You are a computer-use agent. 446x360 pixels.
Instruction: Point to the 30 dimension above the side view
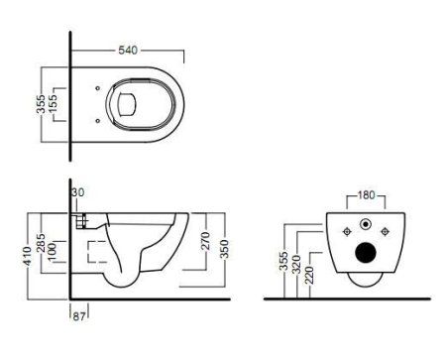click(79, 193)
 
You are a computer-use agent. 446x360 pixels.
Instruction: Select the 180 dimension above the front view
click(369, 194)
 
